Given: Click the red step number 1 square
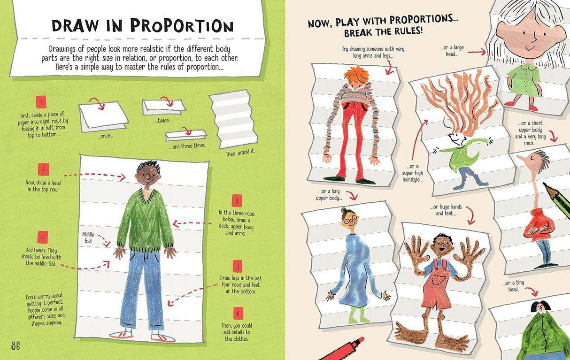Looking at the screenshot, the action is [41, 102].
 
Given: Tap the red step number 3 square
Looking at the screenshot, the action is [237, 201].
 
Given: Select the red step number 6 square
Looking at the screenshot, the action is [238, 313].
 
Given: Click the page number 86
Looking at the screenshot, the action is [15, 346].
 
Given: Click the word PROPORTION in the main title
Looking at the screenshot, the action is [182, 26].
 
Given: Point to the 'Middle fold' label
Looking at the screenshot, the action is [88, 237].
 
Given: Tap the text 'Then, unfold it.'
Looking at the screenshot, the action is [241, 153].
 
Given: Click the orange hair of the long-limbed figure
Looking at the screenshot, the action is [356, 74].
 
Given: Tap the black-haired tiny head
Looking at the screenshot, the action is [540, 306].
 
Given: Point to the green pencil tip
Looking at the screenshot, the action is [547, 187].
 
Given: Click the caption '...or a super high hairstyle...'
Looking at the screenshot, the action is [413, 173].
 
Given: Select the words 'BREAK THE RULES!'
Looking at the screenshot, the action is [383, 32].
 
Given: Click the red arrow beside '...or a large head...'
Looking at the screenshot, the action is [477, 52].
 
